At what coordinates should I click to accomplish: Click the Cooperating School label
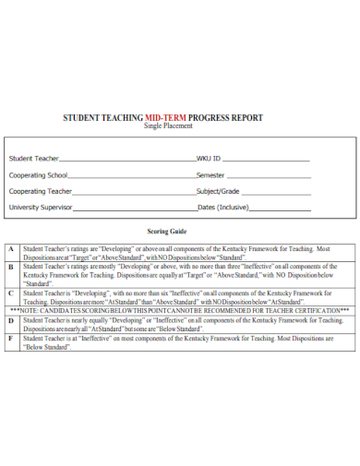click(x=38, y=174)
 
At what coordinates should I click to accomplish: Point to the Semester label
click(x=211, y=174)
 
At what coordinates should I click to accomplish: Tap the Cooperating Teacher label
click(x=41, y=191)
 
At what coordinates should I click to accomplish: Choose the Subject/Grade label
click(x=219, y=191)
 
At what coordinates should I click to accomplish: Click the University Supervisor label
click(x=41, y=208)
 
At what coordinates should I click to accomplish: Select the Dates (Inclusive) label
click(x=223, y=208)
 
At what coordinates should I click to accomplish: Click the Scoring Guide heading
click(x=167, y=232)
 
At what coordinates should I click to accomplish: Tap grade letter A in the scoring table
click(x=10, y=249)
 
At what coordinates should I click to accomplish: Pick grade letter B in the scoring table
click(x=10, y=266)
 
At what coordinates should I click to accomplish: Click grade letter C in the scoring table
click(x=10, y=293)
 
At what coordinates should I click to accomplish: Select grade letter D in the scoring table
click(x=10, y=319)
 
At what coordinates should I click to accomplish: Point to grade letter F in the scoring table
click(x=10, y=338)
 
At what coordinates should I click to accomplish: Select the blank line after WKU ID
click(x=268, y=160)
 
